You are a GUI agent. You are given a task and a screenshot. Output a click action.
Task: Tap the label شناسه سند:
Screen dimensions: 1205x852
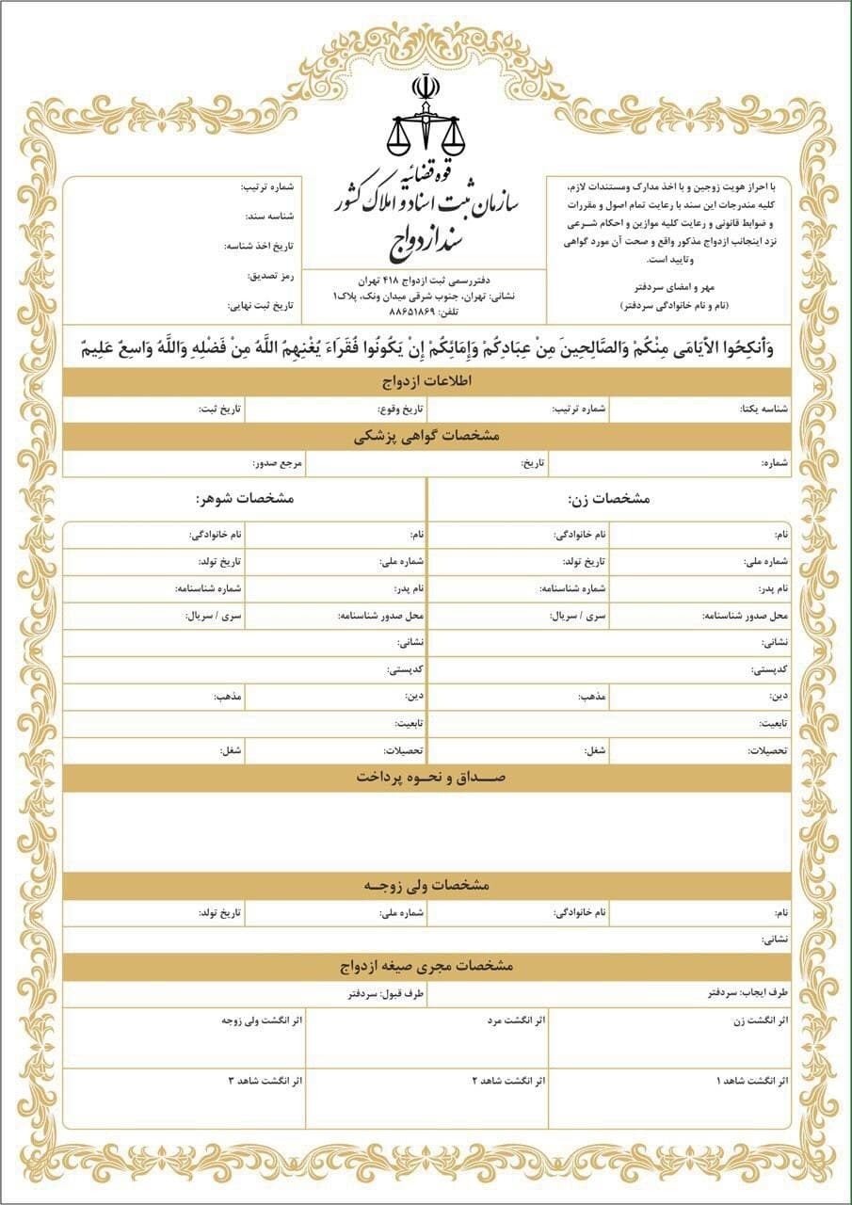[x=270, y=217]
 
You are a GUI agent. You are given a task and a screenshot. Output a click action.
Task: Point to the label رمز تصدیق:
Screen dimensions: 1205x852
[x=271, y=276]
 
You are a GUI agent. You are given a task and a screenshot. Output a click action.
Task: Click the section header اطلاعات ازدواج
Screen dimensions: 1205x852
[x=426, y=382]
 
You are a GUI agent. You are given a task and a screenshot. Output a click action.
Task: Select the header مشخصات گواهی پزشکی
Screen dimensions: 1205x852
[x=426, y=437]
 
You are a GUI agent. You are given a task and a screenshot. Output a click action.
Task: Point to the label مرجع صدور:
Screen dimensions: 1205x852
[x=277, y=464]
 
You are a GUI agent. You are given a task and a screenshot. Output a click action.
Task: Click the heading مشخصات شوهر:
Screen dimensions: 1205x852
[x=245, y=497]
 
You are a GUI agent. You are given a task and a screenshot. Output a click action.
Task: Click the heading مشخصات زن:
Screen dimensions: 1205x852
[x=609, y=497]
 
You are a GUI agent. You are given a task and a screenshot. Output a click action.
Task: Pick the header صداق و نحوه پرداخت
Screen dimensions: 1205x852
[x=426, y=779]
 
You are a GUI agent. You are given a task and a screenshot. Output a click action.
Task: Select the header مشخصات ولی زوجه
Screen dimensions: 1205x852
[x=426, y=887]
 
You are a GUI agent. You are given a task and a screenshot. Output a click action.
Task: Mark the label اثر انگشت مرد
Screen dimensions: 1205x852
[x=516, y=1020]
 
